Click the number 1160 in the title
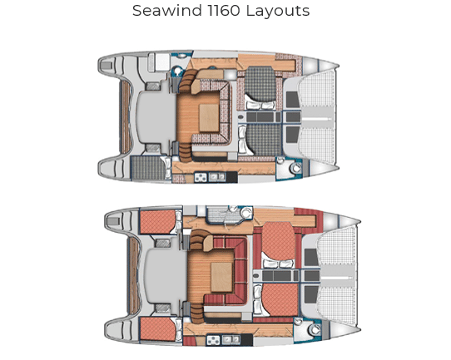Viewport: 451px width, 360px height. pyautogui.click(x=224, y=11)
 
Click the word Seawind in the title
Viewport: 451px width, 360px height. pyautogui.click(x=167, y=11)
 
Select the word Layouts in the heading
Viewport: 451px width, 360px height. pyautogui.click(x=278, y=11)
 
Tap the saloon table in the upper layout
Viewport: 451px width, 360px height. pyautogui.click(x=209, y=118)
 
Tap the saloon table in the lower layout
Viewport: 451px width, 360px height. pyautogui.click(x=221, y=277)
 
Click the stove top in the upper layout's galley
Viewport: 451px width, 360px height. pyautogui.click(x=201, y=177)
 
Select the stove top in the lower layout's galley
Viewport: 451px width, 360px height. pyautogui.click(x=213, y=340)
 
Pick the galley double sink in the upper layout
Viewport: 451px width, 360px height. pyautogui.click(x=217, y=177)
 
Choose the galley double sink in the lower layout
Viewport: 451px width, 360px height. pyautogui.click(x=231, y=339)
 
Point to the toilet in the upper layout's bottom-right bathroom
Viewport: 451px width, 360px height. pyautogui.click(x=295, y=168)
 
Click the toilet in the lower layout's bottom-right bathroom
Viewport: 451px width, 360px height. pyautogui.click(x=314, y=329)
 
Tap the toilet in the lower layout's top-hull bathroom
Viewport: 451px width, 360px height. pyautogui.click(x=245, y=213)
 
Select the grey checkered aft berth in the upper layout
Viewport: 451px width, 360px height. pyautogui.click(x=149, y=168)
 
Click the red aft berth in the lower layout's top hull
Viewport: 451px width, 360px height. pyautogui.click(x=157, y=221)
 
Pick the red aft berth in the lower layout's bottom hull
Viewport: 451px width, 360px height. pyautogui.click(x=158, y=329)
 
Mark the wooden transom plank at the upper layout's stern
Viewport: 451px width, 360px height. pyautogui.click(x=125, y=116)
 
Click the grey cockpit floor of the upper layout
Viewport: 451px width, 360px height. pyautogui.click(x=156, y=117)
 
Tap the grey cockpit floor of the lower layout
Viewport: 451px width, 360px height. pyautogui.click(x=165, y=277)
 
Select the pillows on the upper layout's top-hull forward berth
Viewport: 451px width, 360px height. pyautogui.click(x=260, y=106)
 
